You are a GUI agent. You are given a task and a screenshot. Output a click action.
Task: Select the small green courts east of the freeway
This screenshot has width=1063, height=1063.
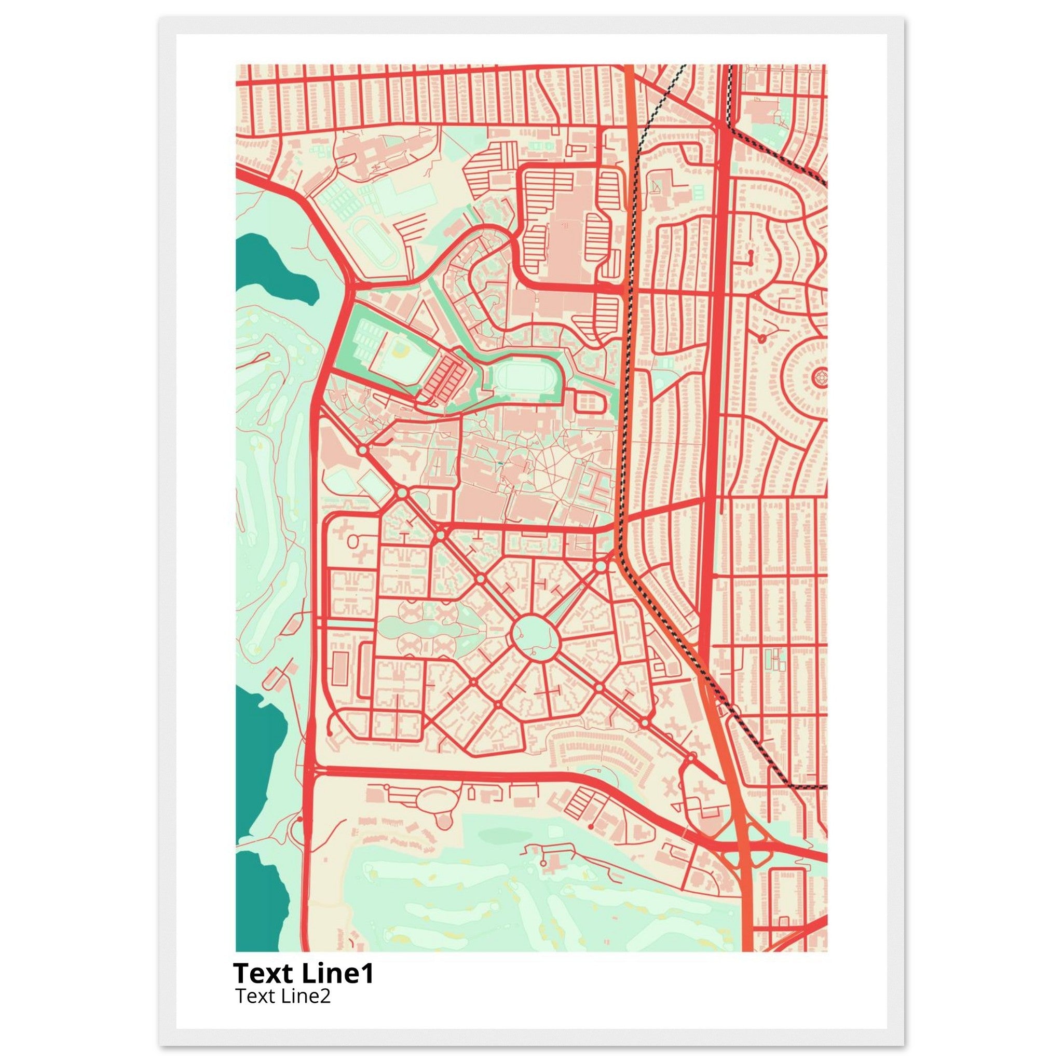pos(774,659)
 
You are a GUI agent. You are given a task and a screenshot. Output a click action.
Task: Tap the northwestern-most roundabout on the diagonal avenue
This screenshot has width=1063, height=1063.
pos(363,451)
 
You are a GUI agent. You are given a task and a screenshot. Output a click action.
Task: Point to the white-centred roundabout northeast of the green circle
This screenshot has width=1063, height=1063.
pos(601,566)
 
